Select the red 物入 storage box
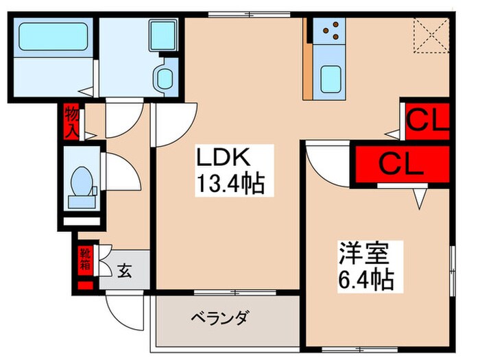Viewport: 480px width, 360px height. [x=71, y=121]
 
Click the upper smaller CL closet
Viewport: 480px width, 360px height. [x=426, y=121]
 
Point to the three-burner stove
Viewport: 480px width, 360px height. [x=332, y=30]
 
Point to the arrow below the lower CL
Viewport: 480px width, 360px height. [x=420, y=197]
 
